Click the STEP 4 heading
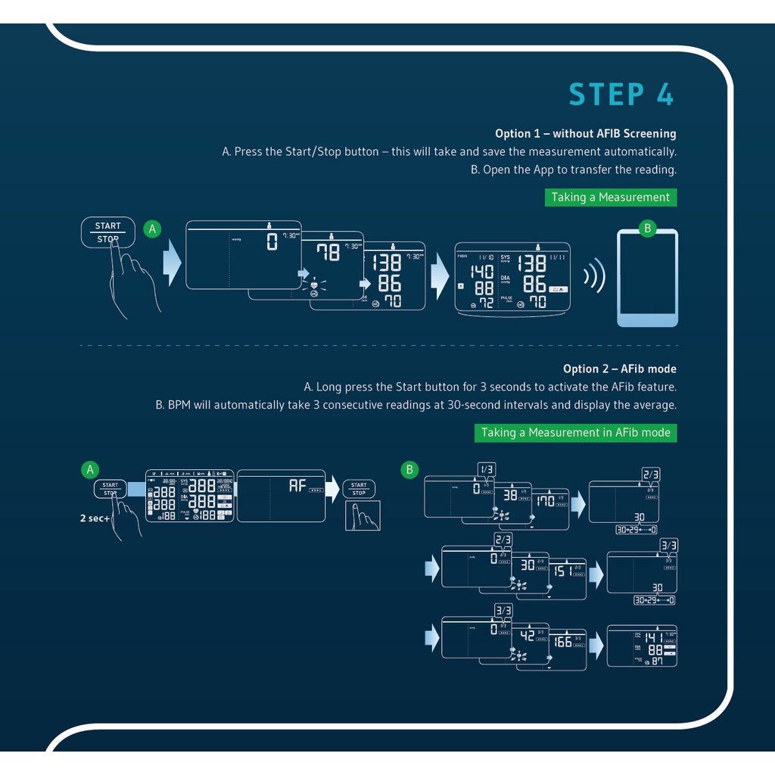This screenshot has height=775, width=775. coord(621,95)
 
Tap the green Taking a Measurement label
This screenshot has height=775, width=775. coord(610,198)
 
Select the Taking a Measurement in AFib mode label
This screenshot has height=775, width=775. coord(576,433)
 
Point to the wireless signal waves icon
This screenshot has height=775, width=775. coord(595,278)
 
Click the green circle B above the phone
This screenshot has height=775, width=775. coord(646,228)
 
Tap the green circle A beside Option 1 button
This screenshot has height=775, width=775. coord(152,229)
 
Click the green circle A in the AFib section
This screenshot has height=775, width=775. coord(90,469)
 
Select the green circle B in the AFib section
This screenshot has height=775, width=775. coord(409,469)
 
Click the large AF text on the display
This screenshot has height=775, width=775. coord(297,486)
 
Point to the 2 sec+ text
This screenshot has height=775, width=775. coord(94,518)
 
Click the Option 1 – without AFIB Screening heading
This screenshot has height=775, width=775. coord(585,134)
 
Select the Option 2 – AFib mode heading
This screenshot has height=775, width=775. coord(619,369)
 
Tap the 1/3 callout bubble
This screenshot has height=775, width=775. coord(487,469)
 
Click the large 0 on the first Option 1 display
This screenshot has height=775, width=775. coord(272,242)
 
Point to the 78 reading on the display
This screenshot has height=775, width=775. coord(328,253)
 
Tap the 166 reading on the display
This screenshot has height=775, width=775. coord(562,642)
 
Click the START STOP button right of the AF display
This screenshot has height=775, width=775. coord(359,489)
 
